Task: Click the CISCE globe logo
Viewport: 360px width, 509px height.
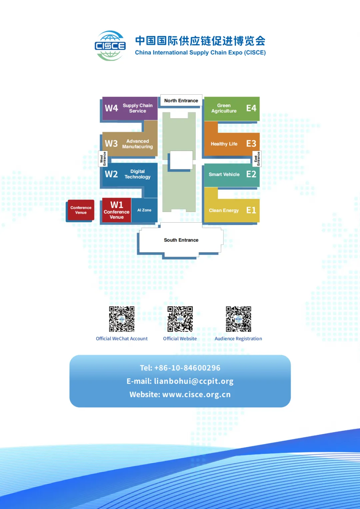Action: (x=110, y=46)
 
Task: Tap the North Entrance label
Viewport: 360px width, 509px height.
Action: (x=181, y=101)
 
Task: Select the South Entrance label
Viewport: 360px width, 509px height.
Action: (x=181, y=240)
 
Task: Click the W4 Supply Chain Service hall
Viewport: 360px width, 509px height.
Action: (x=129, y=108)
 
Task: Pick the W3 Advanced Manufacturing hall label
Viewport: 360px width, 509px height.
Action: (x=129, y=144)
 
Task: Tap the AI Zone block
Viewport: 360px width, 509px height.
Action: (x=144, y=210)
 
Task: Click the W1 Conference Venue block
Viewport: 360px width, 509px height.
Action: (x=116, y=210)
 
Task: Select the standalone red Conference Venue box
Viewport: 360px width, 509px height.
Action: (x=81, y=210)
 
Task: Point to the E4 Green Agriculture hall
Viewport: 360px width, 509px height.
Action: (x=232, y=108)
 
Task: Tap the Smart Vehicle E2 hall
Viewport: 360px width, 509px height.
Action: (x=232, y=174)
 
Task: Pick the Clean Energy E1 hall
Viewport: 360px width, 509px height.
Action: (x=232, y=210)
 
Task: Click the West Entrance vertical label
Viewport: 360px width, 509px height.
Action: (x=103, y=159)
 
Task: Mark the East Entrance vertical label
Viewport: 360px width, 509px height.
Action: (x=257, y=159)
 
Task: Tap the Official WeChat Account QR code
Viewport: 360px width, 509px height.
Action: (x=122, y=319)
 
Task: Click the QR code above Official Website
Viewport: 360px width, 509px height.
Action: (x=180, y=319)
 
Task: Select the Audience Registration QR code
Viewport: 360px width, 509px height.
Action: (x=238, y=319)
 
